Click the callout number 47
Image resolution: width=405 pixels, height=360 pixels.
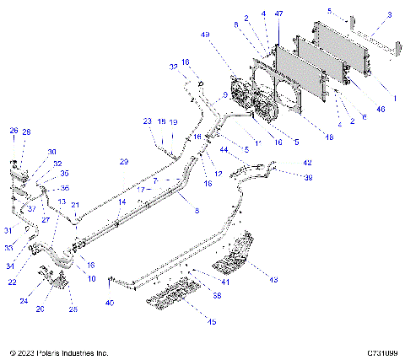279,14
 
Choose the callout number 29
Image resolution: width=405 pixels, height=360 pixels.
123,161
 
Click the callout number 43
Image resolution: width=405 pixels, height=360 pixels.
273,279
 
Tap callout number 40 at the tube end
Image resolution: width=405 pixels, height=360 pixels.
109,302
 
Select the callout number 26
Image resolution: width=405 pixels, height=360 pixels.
13,131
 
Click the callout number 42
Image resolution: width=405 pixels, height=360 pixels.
307,163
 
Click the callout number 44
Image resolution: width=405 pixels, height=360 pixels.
224,149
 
